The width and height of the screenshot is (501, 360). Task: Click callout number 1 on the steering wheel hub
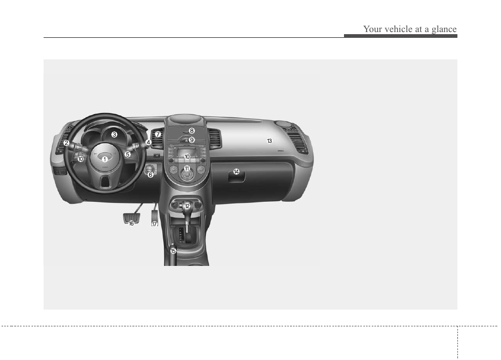pos(105,159)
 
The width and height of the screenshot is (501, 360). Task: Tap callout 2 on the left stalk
pos(66,143)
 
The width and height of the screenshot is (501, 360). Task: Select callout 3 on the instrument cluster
pos(114,135)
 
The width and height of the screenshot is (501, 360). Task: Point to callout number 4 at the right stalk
pos(149,142)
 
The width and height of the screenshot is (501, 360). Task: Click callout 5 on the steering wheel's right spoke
pos(128,154)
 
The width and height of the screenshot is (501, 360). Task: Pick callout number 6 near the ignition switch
pos(150,174)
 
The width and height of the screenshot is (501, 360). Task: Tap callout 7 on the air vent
pos(158,135)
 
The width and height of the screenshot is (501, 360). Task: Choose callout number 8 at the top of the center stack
pos(192,131)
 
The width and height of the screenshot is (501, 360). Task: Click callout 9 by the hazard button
pos(192,140)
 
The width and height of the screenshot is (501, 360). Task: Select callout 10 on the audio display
pos(187,157)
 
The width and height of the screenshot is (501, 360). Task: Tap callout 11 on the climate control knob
pos(187,169)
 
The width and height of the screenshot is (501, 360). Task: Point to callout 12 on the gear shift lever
pos(187,206)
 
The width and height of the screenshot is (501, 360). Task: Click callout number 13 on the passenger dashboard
pos(269,141)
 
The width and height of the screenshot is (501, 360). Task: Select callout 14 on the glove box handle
pos(236,172)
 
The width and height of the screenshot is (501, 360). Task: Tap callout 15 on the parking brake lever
pos(173,251)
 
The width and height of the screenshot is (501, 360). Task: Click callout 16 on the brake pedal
pos(131,223)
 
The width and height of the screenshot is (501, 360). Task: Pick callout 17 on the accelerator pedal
pos(154,224)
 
